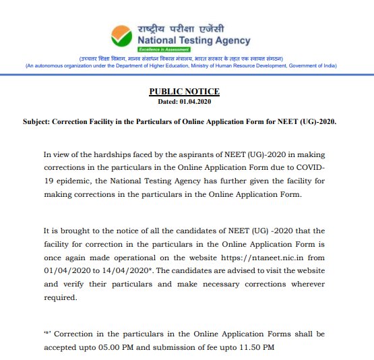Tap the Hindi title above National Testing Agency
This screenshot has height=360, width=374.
(x=181, y=30)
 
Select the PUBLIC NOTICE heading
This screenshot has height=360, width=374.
(x=184, y=92)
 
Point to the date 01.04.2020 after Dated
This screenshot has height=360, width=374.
(x=195, y=101)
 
